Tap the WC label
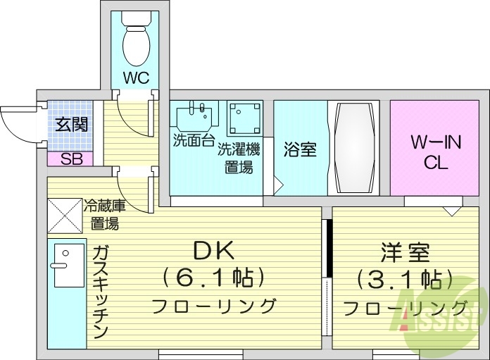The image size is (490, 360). pyautogui.click(x=136, y=77)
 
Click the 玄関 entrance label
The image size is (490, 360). pyautogui.click(x=71, y=125)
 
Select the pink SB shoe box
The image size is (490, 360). pyautogui.click(x=70, y=159)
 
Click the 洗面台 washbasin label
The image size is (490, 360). pyautogui.click(x=194, y=140)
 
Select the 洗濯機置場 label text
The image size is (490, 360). pyautogui.click(x=239, y=158)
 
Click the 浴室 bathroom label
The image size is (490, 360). pyautogui.click(x=300, y=150)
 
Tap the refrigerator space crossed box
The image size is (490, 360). pyautogui.click(x=65, y=216)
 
